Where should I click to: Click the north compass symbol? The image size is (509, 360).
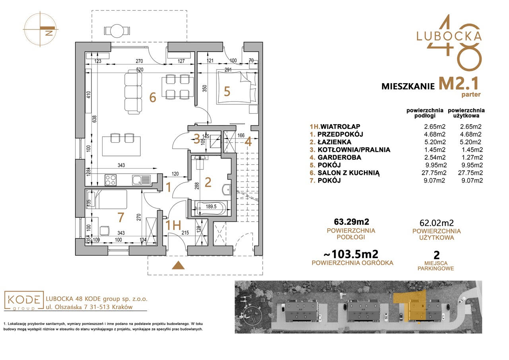tap(41, 29)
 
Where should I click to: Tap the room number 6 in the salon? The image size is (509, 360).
tap(153, 98)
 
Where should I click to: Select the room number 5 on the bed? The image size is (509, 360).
tap(227, 91)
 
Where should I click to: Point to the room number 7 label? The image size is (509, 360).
tap(120, 217)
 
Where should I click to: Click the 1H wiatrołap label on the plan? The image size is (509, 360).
tap(173, 226)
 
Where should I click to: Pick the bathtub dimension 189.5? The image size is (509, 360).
tap(211, 206)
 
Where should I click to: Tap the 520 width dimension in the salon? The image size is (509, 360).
tap(140, 70)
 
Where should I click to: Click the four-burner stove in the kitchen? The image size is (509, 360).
tap(111, 180)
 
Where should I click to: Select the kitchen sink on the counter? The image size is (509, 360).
tap(141, 180)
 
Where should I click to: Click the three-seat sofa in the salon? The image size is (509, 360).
tap(133, 92)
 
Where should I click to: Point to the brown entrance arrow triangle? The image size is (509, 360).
tap(178, 265)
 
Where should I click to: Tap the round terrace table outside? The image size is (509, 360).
tap(117, 31)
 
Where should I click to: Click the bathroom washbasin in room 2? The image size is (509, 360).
tap(226, 189)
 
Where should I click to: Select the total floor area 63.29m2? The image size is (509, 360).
tap(351, 221)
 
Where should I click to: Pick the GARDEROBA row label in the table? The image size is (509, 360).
tap(339, 157)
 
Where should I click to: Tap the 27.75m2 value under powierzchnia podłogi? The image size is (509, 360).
tap(434, 173)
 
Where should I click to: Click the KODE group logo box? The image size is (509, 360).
tap(23, 300)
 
